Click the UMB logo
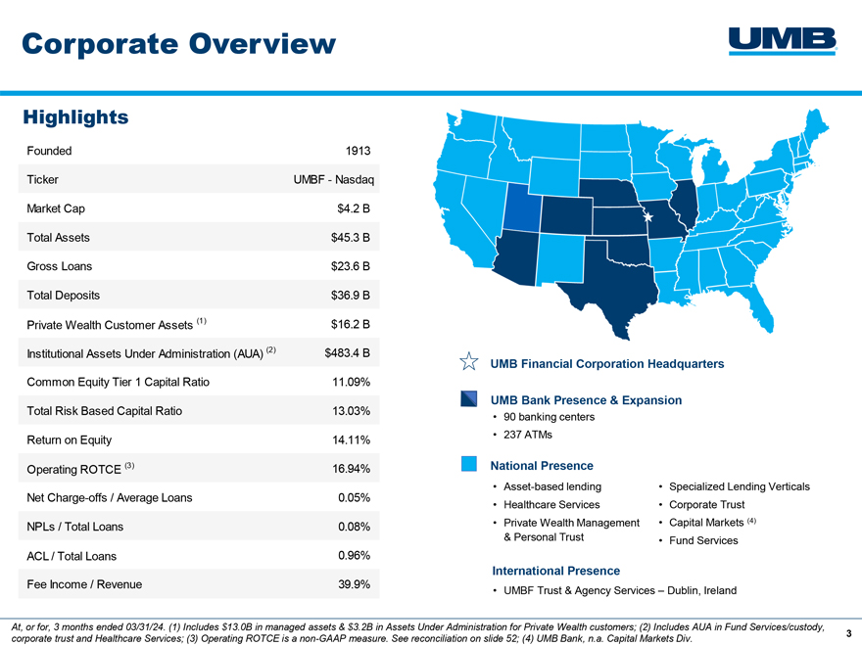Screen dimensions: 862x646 click(x=783, y=41)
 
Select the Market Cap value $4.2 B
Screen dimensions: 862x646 click(x=354, y=208)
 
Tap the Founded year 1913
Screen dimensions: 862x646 click(x=358, y=151)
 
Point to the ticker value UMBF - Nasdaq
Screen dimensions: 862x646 click(x=334, y=180)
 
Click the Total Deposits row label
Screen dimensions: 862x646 click(x=64, y=296)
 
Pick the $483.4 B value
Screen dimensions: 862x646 click(x=348, y=353)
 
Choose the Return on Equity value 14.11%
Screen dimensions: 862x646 click(x=352, y=440)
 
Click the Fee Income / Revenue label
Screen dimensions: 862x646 click(x=84, y=584)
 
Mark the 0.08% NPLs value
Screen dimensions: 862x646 click(x=354, y=527)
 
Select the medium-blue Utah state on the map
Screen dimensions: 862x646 click(x=522, y=208)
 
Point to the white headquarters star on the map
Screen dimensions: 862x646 click(x=648, y=217)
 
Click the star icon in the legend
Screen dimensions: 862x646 click(x=469, y=361)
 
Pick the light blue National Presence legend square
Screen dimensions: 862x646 click(x=469, y=464)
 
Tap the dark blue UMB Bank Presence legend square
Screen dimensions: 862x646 click(x=469, y=398)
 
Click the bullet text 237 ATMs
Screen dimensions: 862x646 click(x=528, y=435)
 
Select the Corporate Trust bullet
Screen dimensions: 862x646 click(x=706, y=505)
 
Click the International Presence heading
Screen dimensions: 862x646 click(x=555, y=571)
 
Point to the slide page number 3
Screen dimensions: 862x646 click(x=849, y=633)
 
